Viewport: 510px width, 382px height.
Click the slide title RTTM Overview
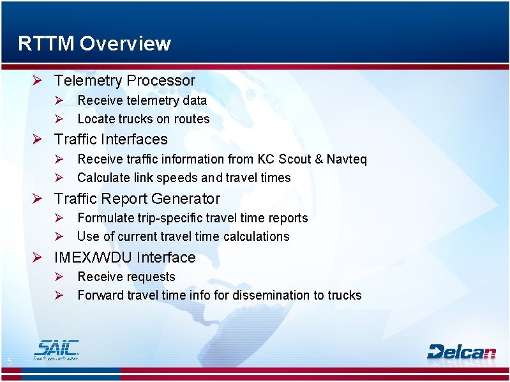(94, 43)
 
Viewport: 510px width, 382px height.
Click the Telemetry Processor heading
(124, 80)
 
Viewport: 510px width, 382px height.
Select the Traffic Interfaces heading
(110, 139)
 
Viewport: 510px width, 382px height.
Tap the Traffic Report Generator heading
(137, 199)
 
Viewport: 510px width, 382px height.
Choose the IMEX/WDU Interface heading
(124, 257)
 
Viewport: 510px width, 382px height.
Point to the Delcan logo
(461, 351)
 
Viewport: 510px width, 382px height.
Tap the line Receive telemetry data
(142, 100)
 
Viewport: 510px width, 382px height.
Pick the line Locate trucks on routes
(143, 119)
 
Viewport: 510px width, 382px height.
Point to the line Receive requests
(126, 277)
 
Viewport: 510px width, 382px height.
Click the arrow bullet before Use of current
(57, 236)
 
